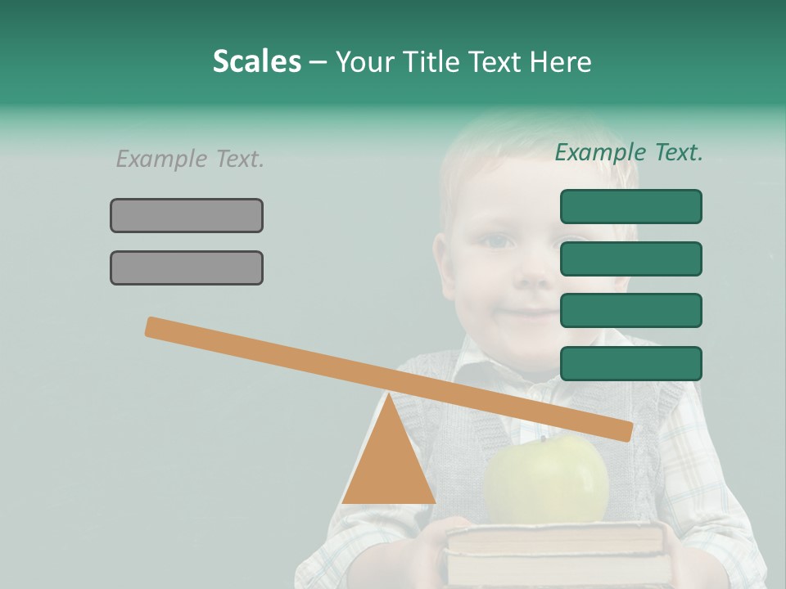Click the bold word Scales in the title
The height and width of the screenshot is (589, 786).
pos(257,62)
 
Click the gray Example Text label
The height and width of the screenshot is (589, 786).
pos(190,159)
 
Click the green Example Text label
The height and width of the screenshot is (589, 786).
pos(629,152)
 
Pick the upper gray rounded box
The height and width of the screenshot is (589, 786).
pos(187,215)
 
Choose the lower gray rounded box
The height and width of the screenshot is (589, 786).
pos(187,268)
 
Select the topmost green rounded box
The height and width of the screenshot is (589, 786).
pos(630,206)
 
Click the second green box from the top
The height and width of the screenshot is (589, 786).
pos(630,259)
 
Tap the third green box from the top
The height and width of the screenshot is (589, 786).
pos(630,311)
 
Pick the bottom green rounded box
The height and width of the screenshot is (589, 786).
pos(630,363)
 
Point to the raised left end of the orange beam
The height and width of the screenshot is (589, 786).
pos(151,326)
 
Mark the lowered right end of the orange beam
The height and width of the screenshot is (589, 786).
pos(626,431)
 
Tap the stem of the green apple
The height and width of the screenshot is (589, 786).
pos(541,439)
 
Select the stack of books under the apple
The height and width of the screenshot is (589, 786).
pos(554,553)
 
